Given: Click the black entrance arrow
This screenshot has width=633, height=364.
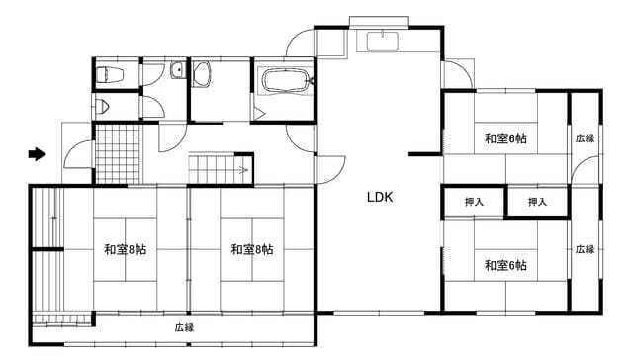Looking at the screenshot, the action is click(x=38, y=153).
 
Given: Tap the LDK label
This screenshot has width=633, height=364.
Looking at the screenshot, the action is click(x=380, y=197).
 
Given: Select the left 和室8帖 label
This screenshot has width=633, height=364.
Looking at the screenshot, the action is click(x=126, y=250).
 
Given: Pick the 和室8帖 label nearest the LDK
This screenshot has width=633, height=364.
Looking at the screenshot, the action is click(x=252, y=250).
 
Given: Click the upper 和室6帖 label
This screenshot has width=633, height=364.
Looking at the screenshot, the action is click(x=505, y=138).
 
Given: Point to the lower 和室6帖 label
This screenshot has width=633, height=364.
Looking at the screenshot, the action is click(x=505, y=265).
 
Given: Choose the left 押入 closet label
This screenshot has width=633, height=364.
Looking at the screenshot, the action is click(x=474, y=202).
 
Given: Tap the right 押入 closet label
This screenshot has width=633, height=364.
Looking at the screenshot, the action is click(x=537, y=202).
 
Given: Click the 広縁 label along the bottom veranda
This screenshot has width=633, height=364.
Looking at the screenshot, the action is click(x=185, y=328).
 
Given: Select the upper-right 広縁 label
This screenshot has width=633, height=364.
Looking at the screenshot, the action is click(x=585, y=138).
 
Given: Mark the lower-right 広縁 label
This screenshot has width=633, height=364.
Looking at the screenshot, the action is click(x=585, y=249).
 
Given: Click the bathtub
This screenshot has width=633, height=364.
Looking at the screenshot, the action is click(x=285, y=81).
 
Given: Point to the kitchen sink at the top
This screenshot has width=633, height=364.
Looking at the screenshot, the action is click(x=383, y=42).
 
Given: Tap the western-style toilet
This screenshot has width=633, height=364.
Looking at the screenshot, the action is click(x=110, y=74).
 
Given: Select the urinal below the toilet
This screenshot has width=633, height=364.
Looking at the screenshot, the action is click(x=103, y=106).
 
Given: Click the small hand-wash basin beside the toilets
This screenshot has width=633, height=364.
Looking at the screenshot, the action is click(x=177, y=70).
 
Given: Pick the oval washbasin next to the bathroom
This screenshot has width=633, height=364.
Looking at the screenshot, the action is click(x=202, y=74).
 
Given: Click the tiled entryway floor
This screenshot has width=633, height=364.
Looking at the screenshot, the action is click(x=118, y=153).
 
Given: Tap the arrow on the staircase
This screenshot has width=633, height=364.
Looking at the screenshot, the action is click(x=243, y=170).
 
